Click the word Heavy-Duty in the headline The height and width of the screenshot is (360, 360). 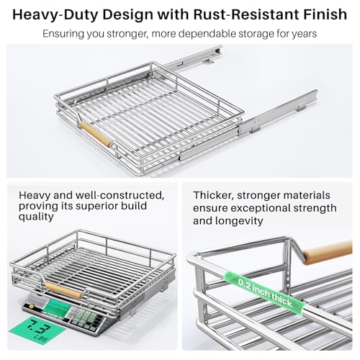pyautogui.click(x=55, y=15)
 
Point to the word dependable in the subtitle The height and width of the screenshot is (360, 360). pyautogui.click(x=207, y=34)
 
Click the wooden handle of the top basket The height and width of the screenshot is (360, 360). pyautogui.click(x=96, y=134)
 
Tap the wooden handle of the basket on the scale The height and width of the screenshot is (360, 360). pyautogui.click(x=63, y=290)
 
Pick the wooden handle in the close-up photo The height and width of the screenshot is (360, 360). pyautogui.click(x=328, y=253)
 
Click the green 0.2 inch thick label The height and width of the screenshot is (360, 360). pyautogui.click(x=265, y=292)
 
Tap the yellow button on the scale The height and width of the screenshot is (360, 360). pyautogui.click(x=31, y=306)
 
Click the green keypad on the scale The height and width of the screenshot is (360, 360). pyautogui.click(x=84, y=317)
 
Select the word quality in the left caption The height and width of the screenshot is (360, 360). pyautogui.click(x=36, y=217)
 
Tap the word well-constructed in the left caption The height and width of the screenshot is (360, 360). pyautogui.click(x=120, y=195)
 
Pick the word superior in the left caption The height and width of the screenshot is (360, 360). pyautogui.click(x=93, y=207)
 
